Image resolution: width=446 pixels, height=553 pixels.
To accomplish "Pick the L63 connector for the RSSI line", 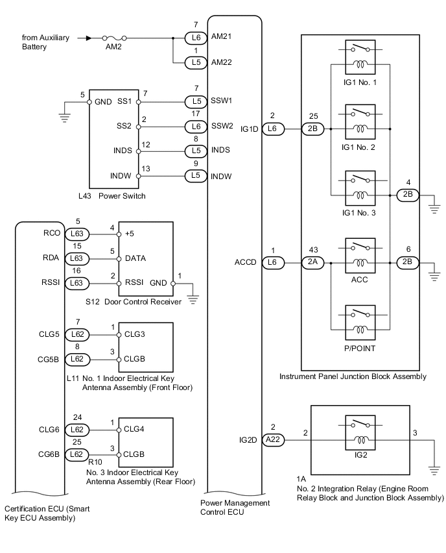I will [x=75, y=282].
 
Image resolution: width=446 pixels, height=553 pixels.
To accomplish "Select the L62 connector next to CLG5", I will [x=75, y=335].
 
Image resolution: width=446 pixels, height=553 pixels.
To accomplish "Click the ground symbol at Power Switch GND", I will [x=64, y=117].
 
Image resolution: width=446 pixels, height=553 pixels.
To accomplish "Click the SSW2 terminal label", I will [x=222, y=126].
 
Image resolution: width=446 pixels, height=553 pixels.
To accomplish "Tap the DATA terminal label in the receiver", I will [x=136, y=258].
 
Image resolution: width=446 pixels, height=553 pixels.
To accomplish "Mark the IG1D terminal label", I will [x=250, y=129].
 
